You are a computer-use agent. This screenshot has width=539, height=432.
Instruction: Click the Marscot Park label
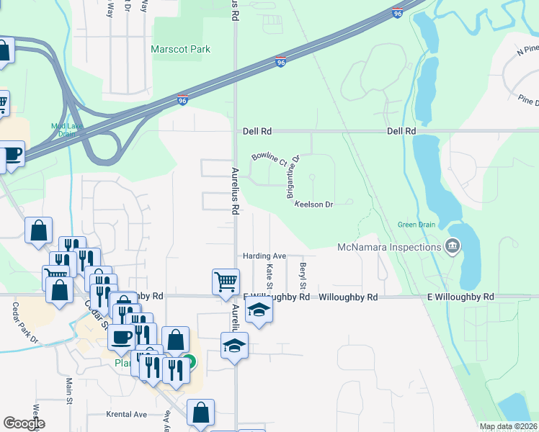click(x=180, y=50)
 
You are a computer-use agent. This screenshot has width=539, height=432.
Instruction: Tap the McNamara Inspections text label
click(x=389, y=248)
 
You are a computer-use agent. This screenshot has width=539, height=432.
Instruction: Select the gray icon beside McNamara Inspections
click(x=453, y=247)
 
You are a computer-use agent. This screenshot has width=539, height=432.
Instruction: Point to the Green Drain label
click(x=416, y=225)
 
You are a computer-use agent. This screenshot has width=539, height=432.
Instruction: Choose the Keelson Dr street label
click(x=313, y=204)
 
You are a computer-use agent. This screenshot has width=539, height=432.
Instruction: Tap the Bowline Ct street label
click(x=269, y=158)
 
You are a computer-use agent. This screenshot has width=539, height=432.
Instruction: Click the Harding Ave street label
click(x=264, y=256)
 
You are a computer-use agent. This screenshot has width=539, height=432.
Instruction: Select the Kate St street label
click(x=269, y=277)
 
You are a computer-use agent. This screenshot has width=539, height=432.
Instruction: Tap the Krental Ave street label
click(x=126, y=415)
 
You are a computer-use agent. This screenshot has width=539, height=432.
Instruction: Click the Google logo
click(x=24, y=423)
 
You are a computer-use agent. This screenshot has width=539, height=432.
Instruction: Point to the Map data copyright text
click(x=508, y=426)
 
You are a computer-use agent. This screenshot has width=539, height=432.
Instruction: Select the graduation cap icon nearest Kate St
click(x=259, y=310)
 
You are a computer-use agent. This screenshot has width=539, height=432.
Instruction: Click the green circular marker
click(x=188, y=362)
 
